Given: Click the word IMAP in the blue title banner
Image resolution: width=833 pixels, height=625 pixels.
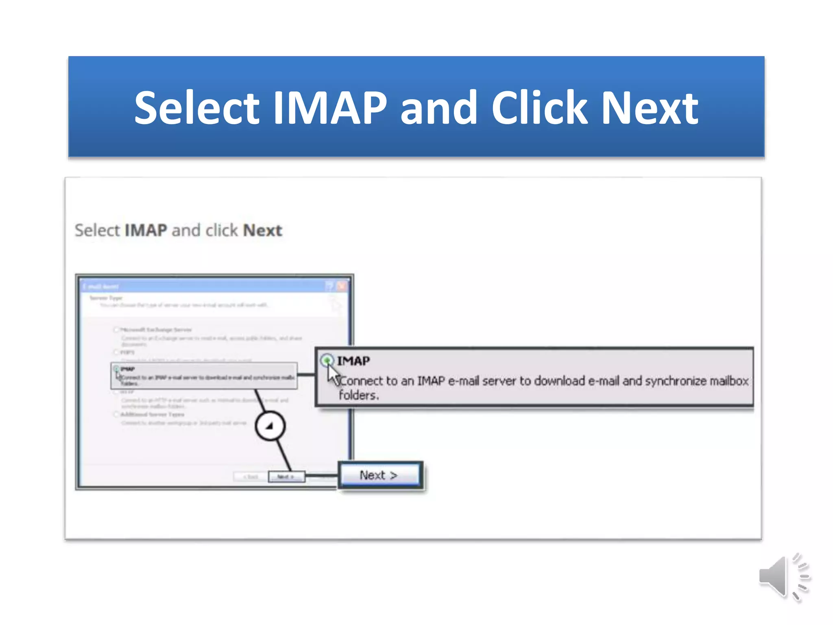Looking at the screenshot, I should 330,108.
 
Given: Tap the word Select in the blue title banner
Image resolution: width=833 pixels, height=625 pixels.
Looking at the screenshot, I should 196,108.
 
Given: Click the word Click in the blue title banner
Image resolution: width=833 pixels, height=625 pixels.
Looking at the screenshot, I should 539,108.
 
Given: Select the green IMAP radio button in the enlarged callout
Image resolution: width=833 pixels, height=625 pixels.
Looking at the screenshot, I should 327,360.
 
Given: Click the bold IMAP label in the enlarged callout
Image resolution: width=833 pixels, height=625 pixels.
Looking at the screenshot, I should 353,361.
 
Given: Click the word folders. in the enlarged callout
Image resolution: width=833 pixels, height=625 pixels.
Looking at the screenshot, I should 358,395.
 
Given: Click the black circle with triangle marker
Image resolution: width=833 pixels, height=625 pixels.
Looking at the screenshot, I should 270,426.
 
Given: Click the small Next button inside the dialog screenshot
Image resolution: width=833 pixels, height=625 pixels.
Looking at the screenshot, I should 286,476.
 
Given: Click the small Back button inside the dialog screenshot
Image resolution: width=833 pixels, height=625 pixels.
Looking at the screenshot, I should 251,476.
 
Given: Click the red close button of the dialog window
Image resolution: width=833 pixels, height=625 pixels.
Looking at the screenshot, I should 342,286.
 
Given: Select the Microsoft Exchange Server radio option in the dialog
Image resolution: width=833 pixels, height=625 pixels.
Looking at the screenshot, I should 116,329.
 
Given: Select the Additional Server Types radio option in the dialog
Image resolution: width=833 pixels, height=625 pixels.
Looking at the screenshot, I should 116,414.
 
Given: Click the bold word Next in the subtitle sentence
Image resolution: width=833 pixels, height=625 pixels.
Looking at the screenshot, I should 262,230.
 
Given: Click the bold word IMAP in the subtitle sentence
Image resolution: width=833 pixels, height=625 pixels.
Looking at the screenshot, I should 146,230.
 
